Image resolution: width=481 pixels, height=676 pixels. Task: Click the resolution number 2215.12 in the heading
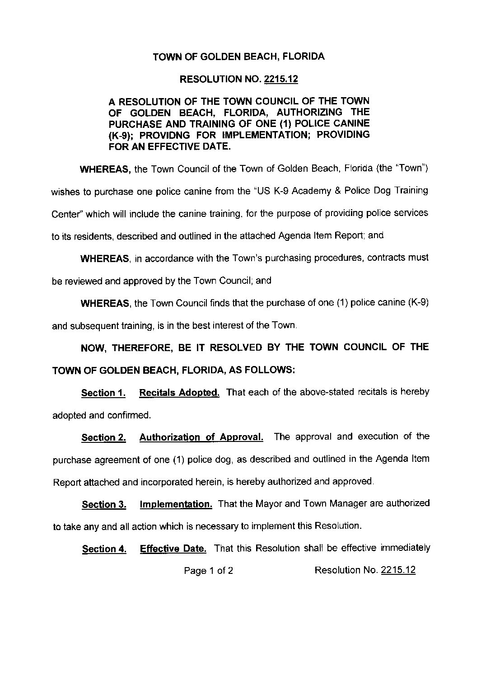(281, 80)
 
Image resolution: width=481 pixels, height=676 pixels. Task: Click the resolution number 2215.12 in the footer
(398, 570)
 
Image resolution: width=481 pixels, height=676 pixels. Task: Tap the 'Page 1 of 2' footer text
(208, 571)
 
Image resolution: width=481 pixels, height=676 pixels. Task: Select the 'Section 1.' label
(103, 393)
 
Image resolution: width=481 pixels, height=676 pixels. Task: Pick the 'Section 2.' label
(103, 437)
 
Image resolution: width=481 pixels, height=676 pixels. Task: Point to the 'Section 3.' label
(103, 505)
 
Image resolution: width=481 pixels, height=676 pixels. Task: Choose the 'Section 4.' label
(104, 549)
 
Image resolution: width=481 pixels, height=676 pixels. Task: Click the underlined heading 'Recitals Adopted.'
(179, 392)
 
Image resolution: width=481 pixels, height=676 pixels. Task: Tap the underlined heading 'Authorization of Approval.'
(201, 437)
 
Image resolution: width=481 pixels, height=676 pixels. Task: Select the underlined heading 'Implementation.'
(176, 504)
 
